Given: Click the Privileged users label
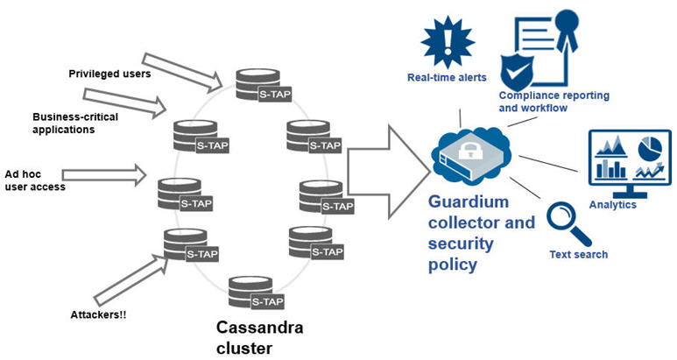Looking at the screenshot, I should point(109,73).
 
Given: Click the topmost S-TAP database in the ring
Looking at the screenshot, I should point(258,81).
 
